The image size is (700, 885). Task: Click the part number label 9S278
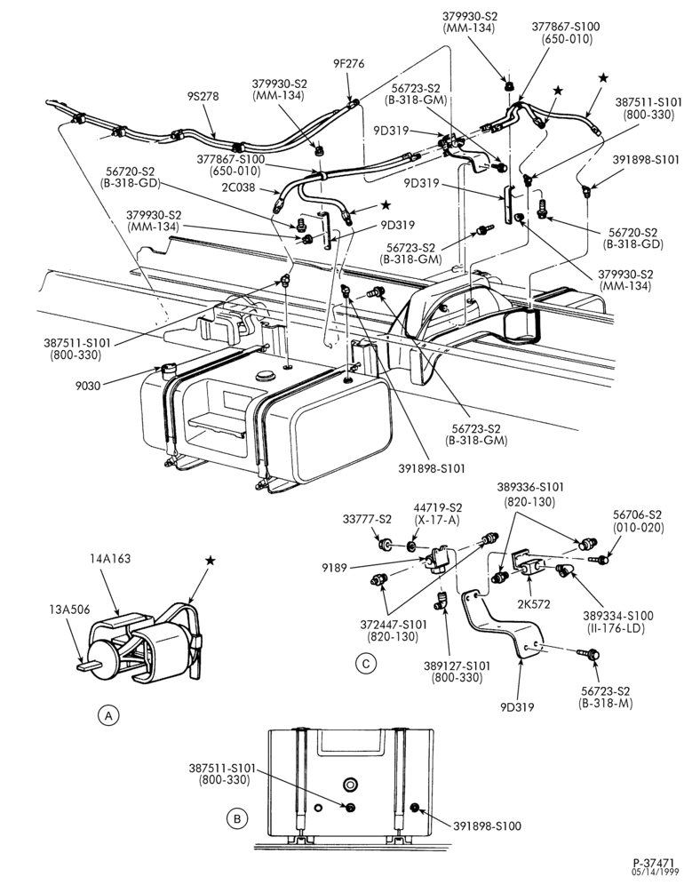(x=203, y=97)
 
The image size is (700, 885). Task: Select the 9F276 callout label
(x=348, y=64)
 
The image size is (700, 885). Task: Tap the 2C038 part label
(x=239, y=187)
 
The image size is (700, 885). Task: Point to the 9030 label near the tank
(x=87, y=386)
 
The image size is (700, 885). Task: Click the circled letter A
(x=108, y=715)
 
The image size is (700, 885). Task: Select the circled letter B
(x=237, y=818)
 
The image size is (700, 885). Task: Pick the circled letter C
(x=366, y=664)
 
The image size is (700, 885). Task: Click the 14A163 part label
(x=110, y=559)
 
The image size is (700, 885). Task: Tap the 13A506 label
(x=69, y=610)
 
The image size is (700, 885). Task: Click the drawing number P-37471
(x=654, y=863)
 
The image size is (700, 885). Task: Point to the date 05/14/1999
(x=655, y=872)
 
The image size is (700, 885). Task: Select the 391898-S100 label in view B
(x=488, y=826)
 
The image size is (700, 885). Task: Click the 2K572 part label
(x=534, y=604)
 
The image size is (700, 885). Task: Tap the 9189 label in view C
(x=335, y=568)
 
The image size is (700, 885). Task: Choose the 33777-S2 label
(x=367, y=519)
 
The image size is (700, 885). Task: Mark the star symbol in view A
(x=210, y=561)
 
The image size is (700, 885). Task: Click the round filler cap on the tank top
(x=264, y=376)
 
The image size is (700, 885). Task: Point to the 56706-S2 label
(x=638, y=515)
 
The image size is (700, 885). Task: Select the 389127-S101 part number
(x=457, y=666)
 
